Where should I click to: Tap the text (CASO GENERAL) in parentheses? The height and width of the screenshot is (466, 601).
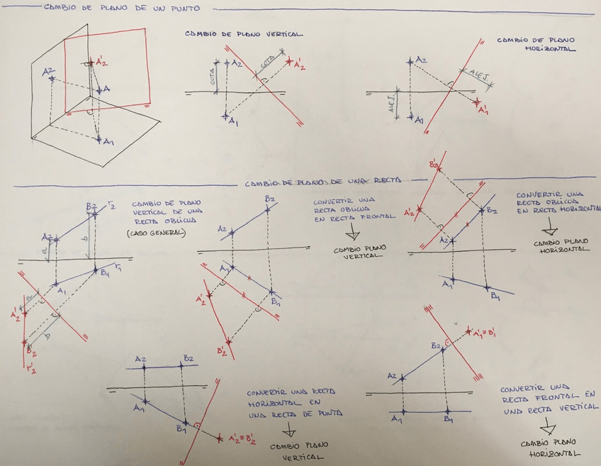coord(155,233)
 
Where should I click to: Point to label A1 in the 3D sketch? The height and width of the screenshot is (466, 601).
coord(108,143)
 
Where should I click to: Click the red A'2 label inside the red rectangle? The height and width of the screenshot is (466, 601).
coord(102,65)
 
